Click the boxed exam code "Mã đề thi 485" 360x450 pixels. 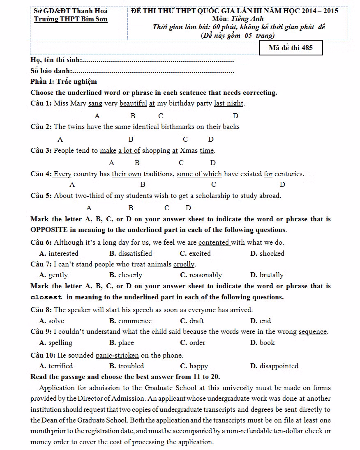coord(291,48)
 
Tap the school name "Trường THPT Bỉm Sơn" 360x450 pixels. coord(71,19)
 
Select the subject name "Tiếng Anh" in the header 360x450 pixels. coord(248,18)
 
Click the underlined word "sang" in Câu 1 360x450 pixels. coord(95,103)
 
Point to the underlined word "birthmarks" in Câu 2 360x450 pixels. coord(178,127)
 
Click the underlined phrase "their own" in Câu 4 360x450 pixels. coord(126,174)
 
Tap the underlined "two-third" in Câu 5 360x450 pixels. coord(89,196)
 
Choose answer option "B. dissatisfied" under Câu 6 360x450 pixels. coord(131,254)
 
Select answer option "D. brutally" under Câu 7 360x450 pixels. coord(267,275)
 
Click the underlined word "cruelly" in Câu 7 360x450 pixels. coord(184,264)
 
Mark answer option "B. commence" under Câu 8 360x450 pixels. coord(130,321)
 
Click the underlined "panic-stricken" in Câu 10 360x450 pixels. coord(117,356)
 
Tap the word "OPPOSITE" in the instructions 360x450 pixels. coord(48,230)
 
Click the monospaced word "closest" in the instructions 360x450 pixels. coord(46,297)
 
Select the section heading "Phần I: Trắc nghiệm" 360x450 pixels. coord(64,82)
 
